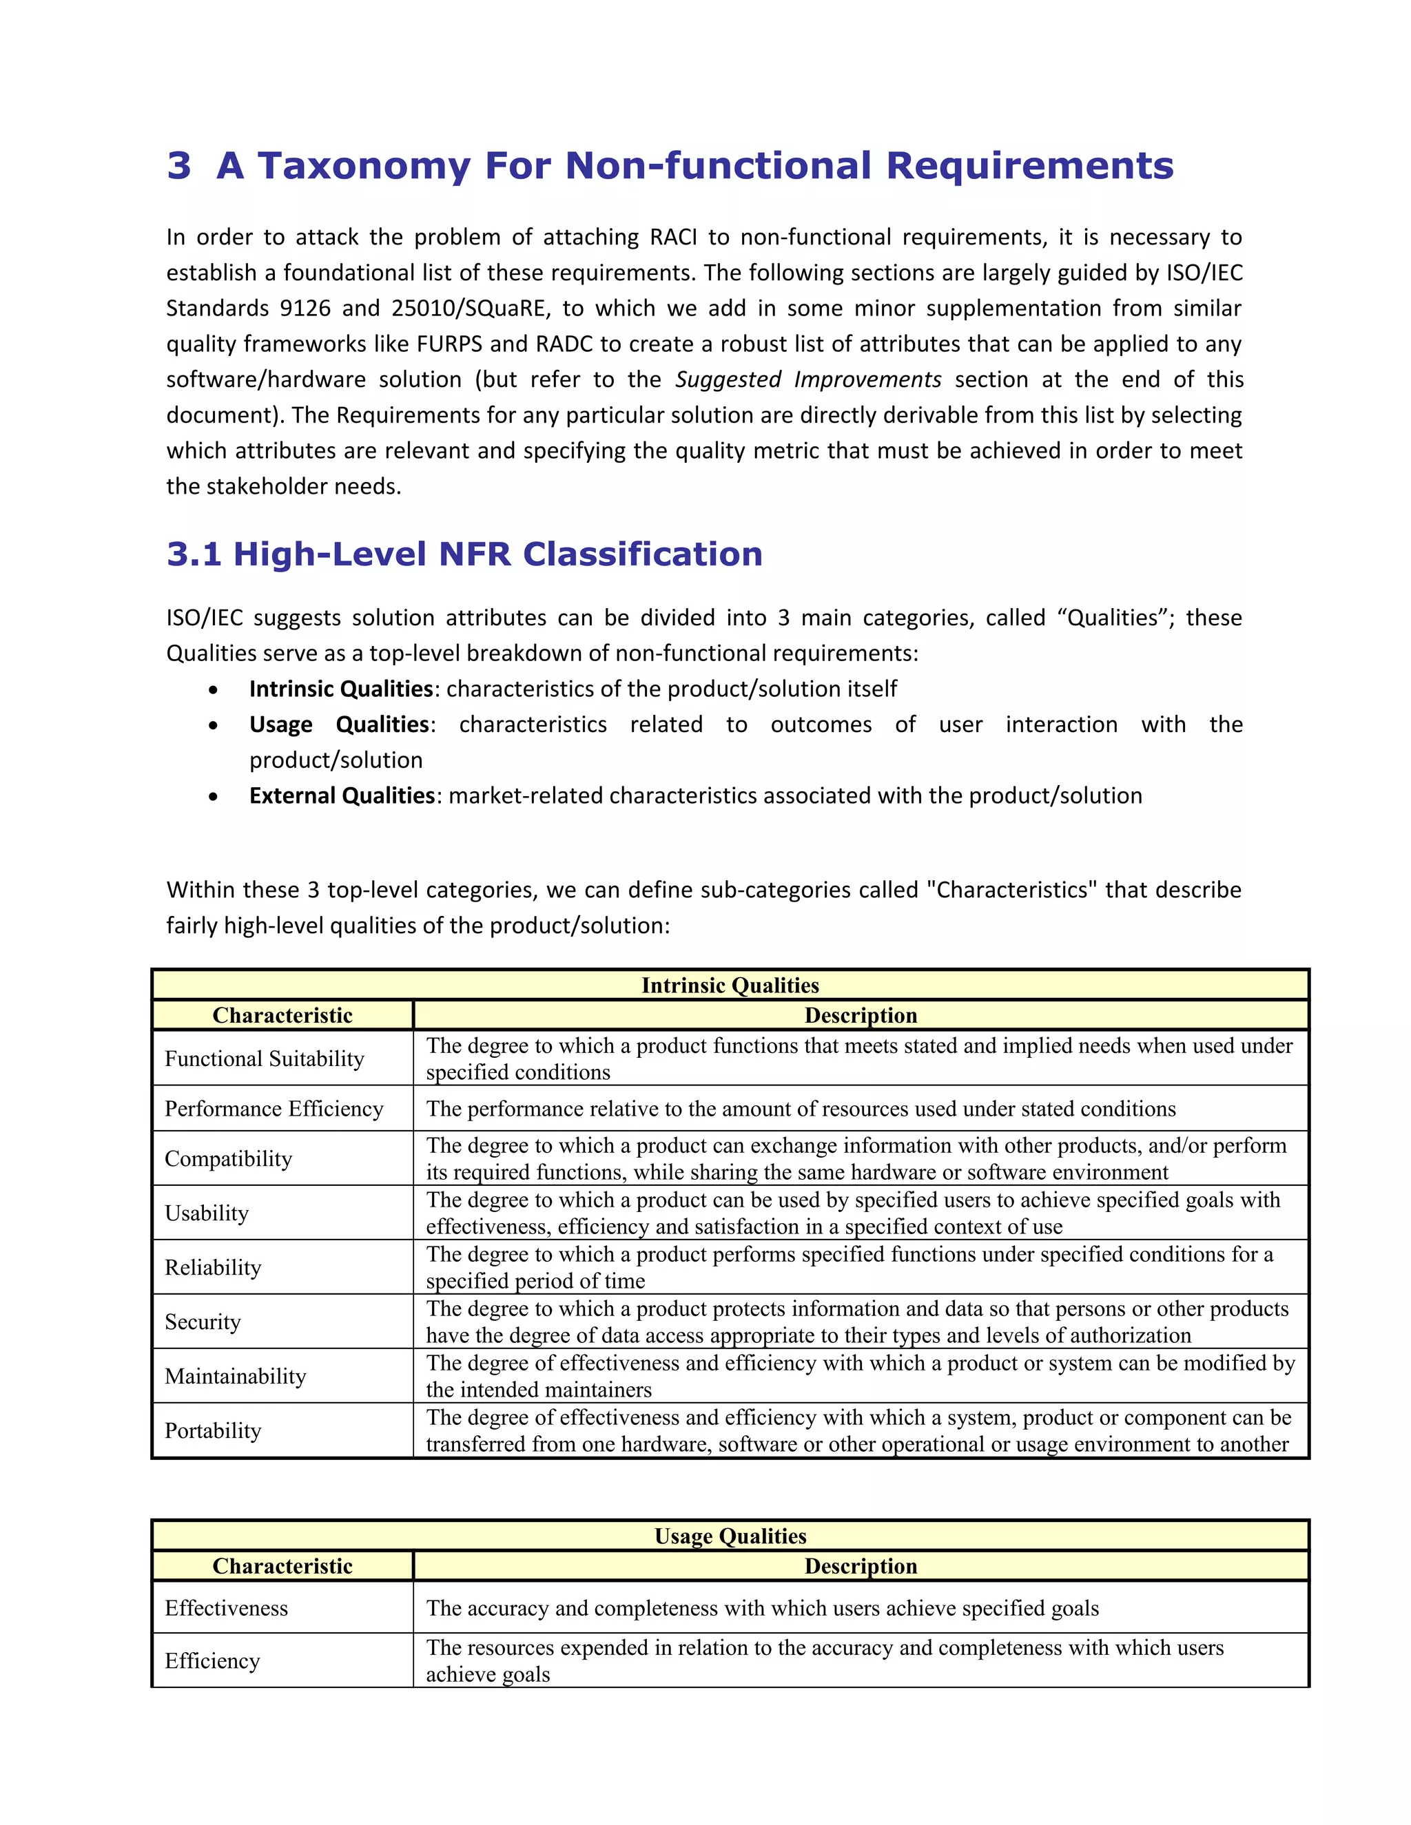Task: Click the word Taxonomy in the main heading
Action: pos(364,166)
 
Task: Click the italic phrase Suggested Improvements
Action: pos(807,380)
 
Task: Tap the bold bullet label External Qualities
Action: pos(341,796)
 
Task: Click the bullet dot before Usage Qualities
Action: pos(214,726)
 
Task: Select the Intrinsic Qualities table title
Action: pos(730,985)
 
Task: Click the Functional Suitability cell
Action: pos(264,1058)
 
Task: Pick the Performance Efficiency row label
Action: pos(274,1109)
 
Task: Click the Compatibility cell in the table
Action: pos(228,1159)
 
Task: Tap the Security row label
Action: pos(203,1322)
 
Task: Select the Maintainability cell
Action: pos(235,1376)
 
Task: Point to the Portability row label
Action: pos(212,1430)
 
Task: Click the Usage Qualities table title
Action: pos(730,1536)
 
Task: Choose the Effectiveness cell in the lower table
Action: pos(226,1609)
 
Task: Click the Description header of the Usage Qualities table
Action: pos(860,1566)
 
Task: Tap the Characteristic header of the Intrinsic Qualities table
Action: pos(282,1015)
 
